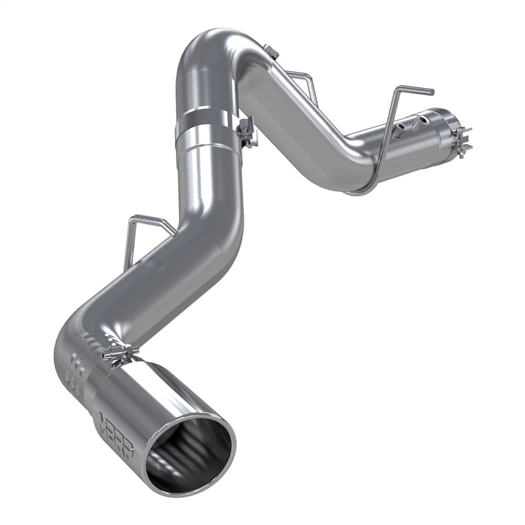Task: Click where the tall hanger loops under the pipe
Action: point(359,192)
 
